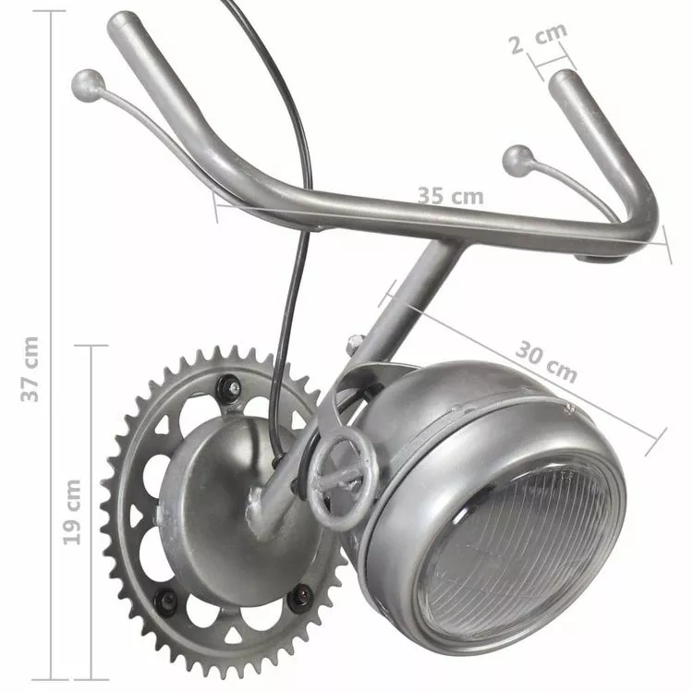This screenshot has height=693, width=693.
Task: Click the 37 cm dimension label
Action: (30, 369)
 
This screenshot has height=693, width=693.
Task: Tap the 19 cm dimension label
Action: (71, 511)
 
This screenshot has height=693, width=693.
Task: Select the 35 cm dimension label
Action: (450, 196)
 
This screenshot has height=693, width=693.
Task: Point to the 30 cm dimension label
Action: (546, 361)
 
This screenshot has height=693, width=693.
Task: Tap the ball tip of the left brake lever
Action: (88, 86)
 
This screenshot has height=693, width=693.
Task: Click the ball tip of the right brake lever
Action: (518, 161)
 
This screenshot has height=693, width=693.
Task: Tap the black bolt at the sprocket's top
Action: (228, 387)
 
